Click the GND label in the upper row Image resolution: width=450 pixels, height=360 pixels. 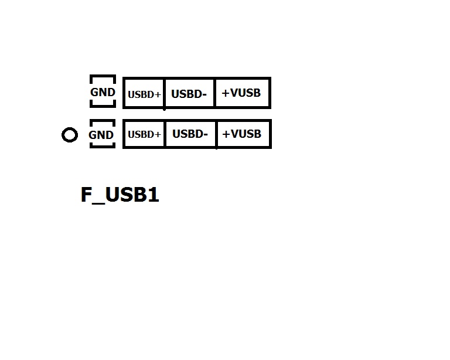click(x=103, y=92)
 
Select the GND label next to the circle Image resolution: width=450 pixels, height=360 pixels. click(x=101, y=135)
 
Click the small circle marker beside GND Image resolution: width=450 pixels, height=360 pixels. click(x=70, y=128)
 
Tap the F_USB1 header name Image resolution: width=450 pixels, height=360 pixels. click(x=120, y=195)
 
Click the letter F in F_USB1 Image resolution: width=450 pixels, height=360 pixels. click(x=86, y=194)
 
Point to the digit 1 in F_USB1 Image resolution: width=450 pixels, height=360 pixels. click(x=154, y=194)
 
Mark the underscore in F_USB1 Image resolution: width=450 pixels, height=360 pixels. click(x=98, y=203)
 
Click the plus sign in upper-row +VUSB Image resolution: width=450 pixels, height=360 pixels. click(x=226, y=93)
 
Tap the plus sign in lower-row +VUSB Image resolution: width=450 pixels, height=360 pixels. click(x=226, y=134)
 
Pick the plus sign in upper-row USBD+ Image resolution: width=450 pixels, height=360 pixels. click(x=158, y=94)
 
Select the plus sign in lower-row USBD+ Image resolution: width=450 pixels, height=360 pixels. click(x=158, y=134)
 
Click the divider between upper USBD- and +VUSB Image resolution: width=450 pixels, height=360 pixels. click(x=214, y=93)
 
